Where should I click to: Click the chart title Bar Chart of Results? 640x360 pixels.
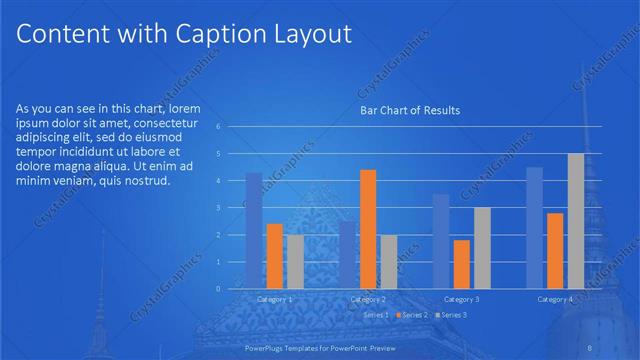[410, 111]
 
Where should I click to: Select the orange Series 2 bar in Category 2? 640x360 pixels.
[368, 229]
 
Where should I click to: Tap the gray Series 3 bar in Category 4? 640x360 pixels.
[576, 221]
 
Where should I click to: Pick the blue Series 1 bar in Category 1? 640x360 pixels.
[254, 230]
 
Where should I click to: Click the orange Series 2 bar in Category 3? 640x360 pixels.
[461, 264]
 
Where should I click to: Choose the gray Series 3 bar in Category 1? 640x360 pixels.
[295, 261]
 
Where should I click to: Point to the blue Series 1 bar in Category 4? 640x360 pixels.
[534, 228]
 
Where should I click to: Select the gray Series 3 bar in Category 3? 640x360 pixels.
[482, 248]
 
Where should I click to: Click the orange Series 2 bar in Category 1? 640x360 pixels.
[274, 256]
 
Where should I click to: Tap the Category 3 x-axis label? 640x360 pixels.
[461, 299]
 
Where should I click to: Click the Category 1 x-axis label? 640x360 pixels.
[275, 299]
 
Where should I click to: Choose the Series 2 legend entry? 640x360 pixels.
[412, 315]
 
